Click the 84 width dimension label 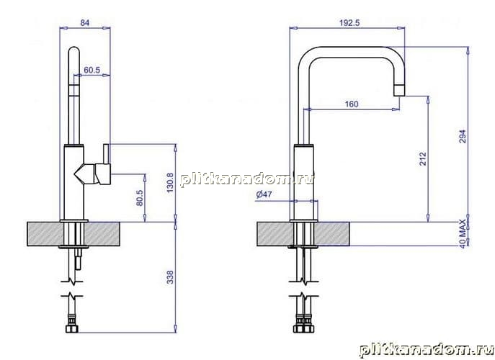tap(85, 23)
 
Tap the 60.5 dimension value tap(92, 70)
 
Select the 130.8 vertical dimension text tap(170, 183)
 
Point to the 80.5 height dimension tap(140, 198)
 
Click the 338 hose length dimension tap(170, 277)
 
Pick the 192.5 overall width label tap(349, 23)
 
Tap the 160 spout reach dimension tap(352, 104)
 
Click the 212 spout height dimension tap(423, 158)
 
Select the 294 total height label tap(463, 136)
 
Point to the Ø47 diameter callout tap(264, 194)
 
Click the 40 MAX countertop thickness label tap(463, 233)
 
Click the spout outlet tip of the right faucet tap(399, 91)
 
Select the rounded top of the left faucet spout tap(74, 50)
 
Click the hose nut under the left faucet tap(72, 328)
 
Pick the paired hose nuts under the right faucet tap(303, 328)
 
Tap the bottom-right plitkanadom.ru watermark tap(427, 351)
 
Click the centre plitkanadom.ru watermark tap(248, 180)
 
